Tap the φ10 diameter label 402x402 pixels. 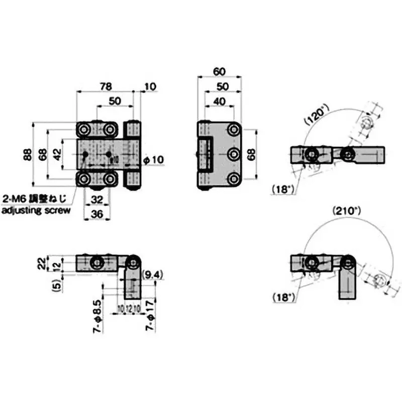[154, 160]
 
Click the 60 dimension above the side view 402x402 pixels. [219, 72]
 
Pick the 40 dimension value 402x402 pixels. [219, 101]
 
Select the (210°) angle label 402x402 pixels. [347, 212]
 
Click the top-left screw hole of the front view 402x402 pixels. [84, 130]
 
